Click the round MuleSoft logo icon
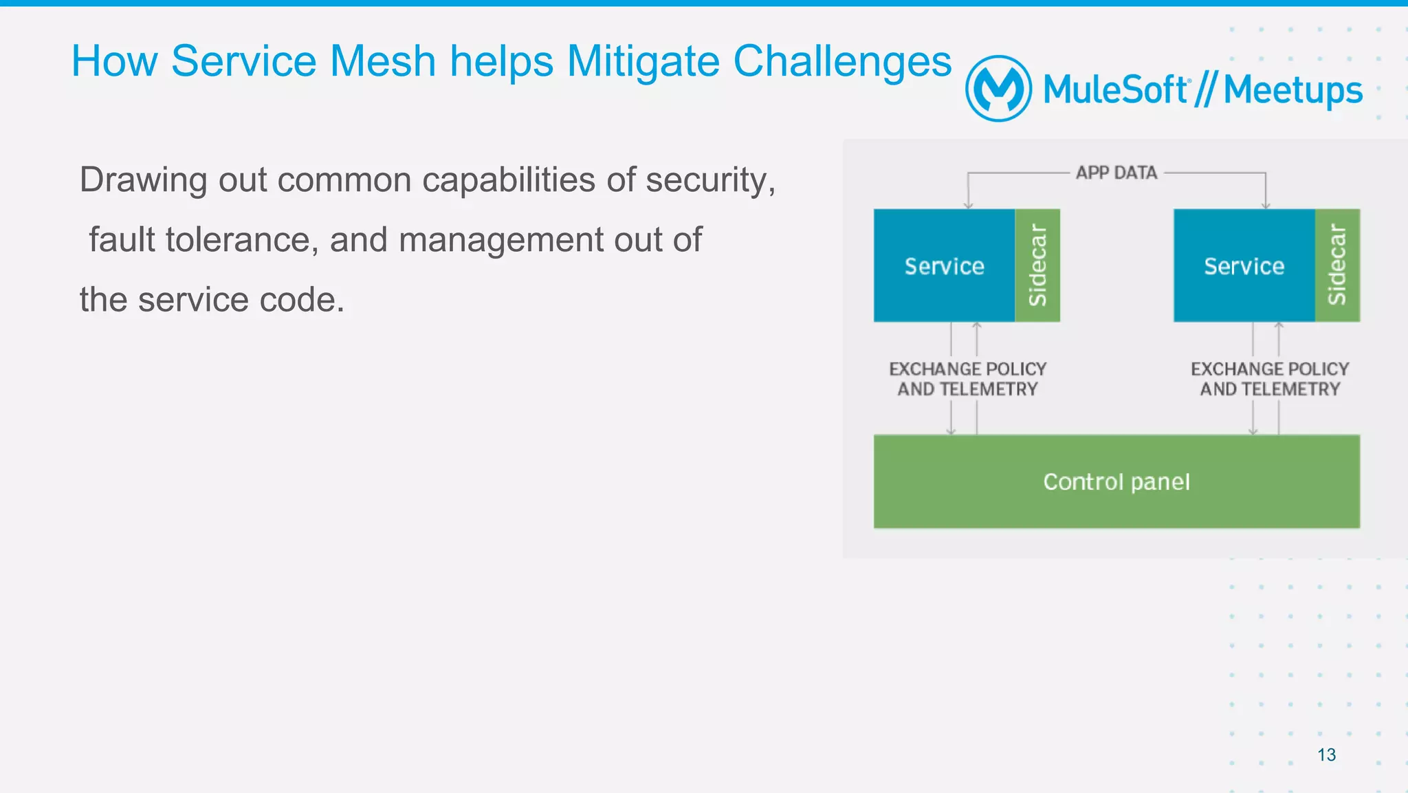(998, 89)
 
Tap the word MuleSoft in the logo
(1115, 90)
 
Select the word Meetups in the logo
(1292, 90)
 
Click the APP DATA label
(1116, 173)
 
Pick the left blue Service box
(944, 266)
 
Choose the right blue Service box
(1244, 266)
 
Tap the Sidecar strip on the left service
(1037, 265)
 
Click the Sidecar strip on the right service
(1337, 265)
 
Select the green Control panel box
(1116, 481)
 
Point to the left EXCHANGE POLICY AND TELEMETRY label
(967, 379)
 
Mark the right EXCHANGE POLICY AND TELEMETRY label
(1270, 379)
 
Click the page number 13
(1326, 754)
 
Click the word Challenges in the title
(842, 62)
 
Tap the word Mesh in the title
(383, 61)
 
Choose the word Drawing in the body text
(143, 180)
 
